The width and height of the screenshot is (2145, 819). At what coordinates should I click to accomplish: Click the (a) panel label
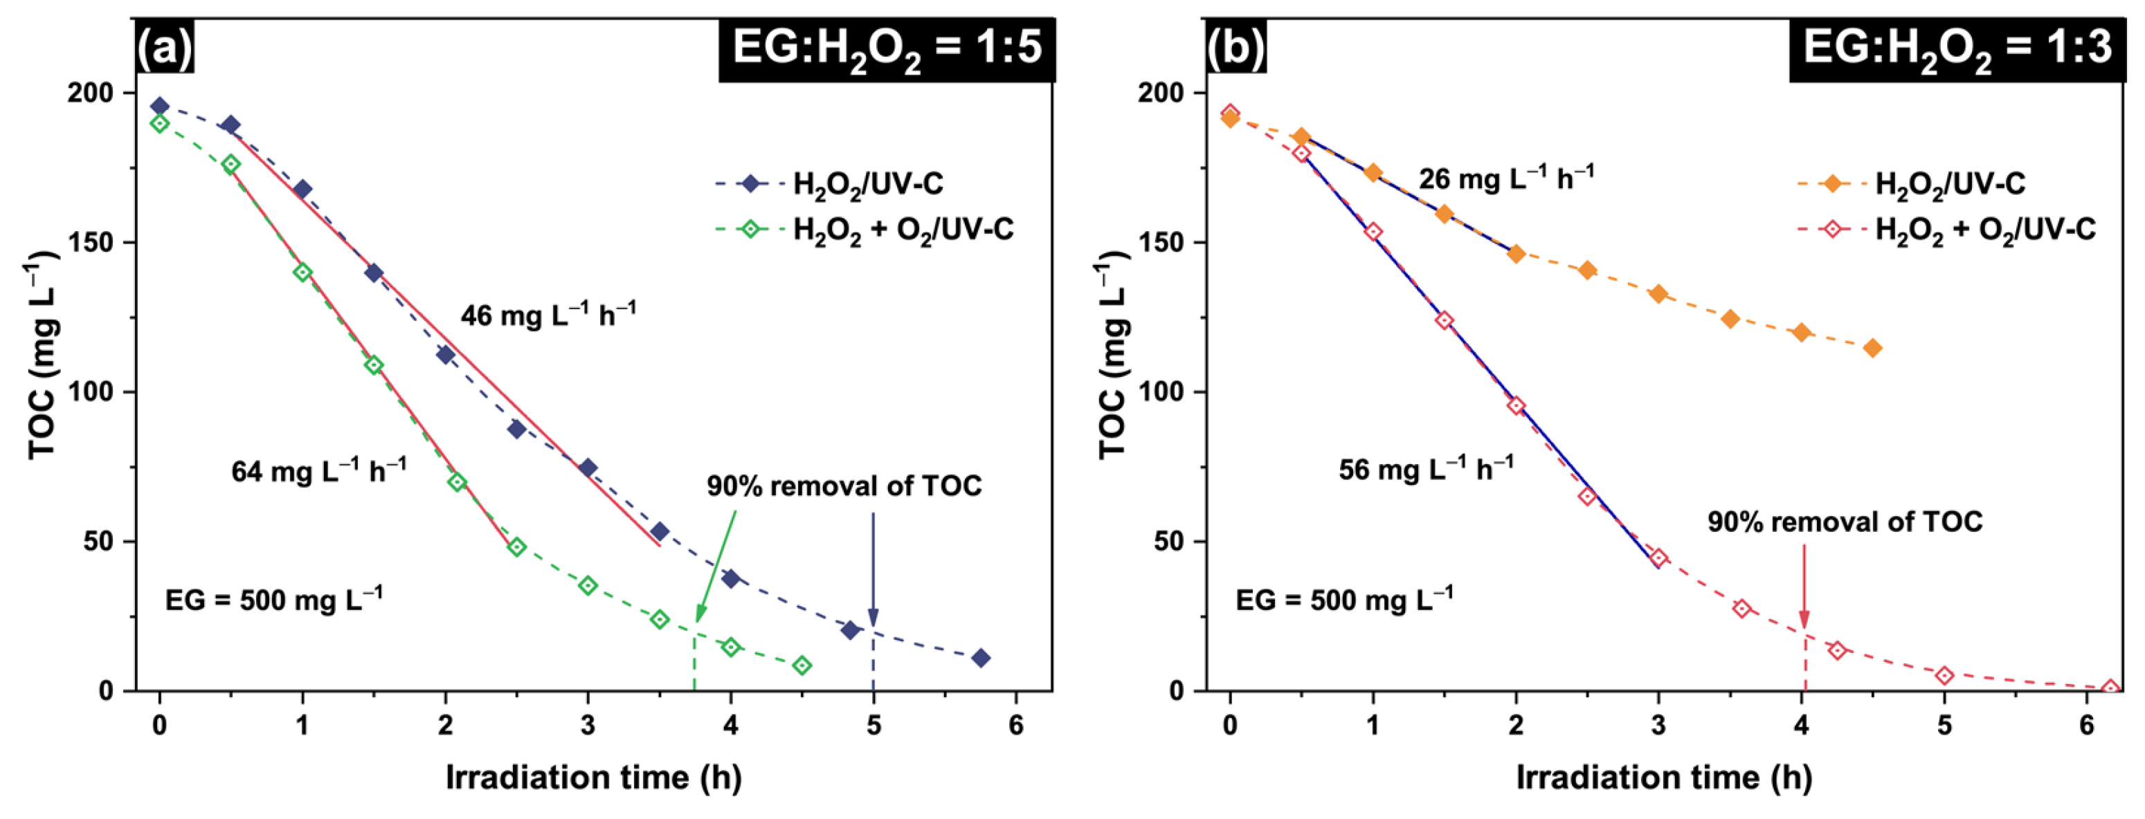coord(165,48)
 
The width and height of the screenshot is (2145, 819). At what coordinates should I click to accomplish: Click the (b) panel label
coord(1236,48)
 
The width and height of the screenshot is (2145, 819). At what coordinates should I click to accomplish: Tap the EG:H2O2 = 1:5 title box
coord(887,48)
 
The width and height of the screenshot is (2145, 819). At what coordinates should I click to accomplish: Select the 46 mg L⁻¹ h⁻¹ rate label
coord(548,315)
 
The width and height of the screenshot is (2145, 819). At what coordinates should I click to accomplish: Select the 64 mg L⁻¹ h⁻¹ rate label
coord(319,471)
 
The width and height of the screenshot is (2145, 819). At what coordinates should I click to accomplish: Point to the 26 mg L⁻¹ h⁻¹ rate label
coord(1505,178)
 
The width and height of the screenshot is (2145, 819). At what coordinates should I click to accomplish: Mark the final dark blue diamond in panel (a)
coord(981,659)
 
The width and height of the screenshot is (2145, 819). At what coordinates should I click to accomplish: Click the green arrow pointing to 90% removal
coord(716,566)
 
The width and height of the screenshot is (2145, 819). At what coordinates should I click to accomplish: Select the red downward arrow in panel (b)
coord(1804,587)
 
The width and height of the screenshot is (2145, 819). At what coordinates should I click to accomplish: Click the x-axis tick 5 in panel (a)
coord(874,726)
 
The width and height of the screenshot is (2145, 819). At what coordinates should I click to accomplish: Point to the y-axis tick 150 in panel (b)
coord(1169,242)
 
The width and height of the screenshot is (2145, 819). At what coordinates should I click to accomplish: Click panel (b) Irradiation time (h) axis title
coord(1664,777)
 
